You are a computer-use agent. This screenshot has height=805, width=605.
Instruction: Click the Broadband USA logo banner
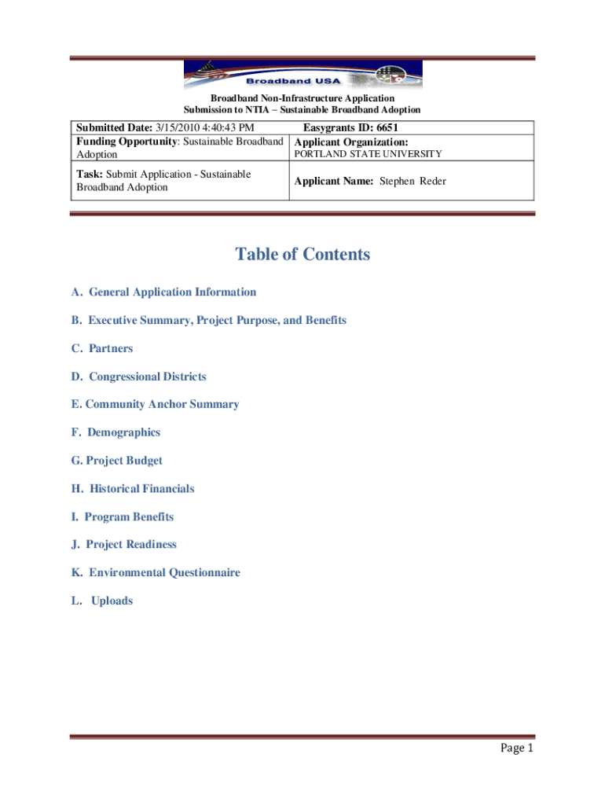302,77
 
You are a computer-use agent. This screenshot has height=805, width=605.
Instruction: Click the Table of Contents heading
302,255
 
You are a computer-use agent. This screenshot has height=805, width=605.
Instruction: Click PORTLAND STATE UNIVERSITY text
368,155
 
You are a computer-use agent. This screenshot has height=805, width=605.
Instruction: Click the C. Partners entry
102,348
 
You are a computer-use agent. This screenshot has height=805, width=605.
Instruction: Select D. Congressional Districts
138,377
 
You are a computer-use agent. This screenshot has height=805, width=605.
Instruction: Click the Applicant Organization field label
351,142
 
